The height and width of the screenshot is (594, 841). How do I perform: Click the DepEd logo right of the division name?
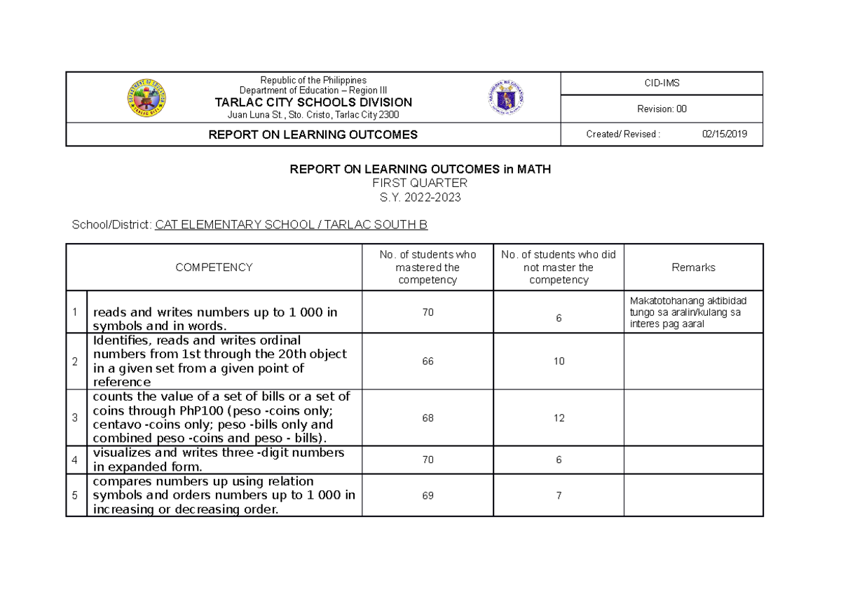[506, 97]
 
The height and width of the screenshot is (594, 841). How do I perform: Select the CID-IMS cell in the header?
[662, 83]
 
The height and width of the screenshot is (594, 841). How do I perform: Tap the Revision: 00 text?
[662, 109]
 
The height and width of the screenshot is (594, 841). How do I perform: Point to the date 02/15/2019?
[724, 134]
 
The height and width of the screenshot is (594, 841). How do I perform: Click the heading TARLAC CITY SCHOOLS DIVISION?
[313, 102]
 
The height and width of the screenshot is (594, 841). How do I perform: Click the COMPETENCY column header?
[214, 267]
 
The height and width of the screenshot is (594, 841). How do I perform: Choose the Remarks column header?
[693, 267]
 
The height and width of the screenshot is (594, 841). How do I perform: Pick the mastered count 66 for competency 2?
[428, 361]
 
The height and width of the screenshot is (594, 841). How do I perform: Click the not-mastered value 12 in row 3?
[559, 418]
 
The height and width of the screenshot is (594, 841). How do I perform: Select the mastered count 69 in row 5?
[428, 495]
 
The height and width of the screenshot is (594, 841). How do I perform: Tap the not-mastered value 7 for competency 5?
[559, 495]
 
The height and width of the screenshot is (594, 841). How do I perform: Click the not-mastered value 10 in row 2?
[559, 361]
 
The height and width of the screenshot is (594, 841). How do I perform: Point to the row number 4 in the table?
[76, 460]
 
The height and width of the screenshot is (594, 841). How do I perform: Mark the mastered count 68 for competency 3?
[428, 418]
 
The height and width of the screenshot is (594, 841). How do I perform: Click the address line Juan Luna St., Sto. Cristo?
[313, 115]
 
